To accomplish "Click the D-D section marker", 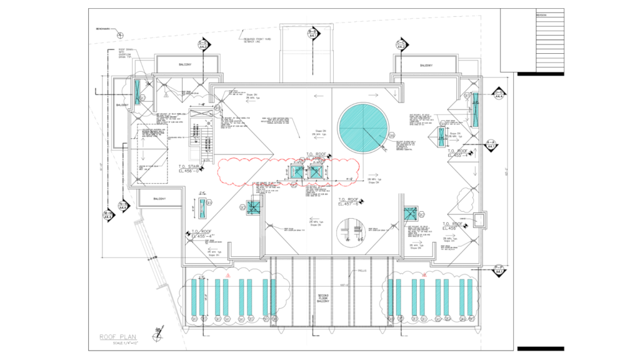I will [203, 45].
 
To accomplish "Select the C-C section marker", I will [401, 45].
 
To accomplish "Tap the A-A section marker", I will [492, 144].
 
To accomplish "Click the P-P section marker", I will [499, 270].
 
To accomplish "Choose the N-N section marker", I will [125, 207].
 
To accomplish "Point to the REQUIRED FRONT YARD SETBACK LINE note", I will [257, 41].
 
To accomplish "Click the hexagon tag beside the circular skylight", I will [392, 135].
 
